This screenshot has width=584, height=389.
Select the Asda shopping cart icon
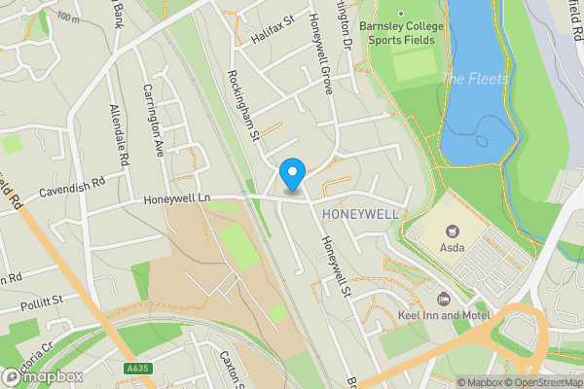(451, 230)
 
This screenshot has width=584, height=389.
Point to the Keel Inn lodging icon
(444, 298)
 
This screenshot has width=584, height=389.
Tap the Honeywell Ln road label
(177, 198)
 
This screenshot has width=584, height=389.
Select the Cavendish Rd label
(72, 186)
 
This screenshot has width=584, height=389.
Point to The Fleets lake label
(474, 78)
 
